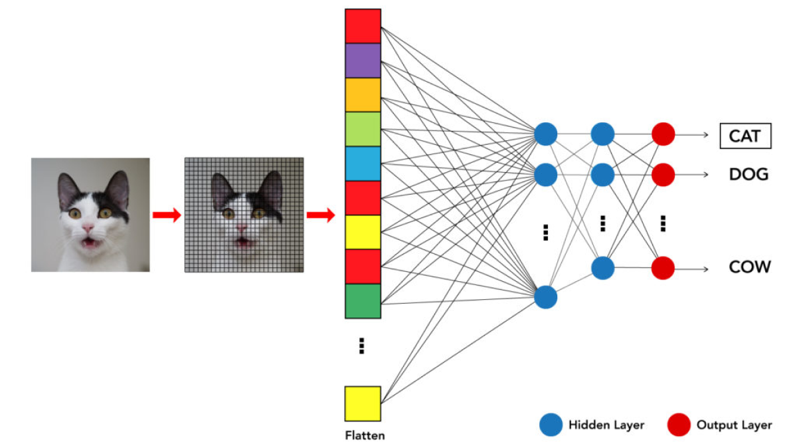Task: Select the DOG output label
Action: click(749, 175)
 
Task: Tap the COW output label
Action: click(749, 267)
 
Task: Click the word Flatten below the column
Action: click(365, 436)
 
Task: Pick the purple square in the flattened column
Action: click(363, 60)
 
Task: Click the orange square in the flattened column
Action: click(363, 94)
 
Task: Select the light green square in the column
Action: click(363, 129)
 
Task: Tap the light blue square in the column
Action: click(363, 164)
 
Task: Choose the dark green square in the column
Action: click(363, 301)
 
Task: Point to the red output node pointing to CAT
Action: click(663, 134)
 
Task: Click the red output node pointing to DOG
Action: click(663, 175)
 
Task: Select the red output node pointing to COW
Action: click(663, 268)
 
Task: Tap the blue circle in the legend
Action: click(551, 425)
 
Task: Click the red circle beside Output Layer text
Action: click(679, 425)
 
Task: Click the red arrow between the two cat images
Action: click(166, 215)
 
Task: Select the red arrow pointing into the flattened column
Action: click(320, 215)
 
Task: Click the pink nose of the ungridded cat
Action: click(88, 228)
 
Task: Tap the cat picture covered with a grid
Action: click(244, 215)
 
